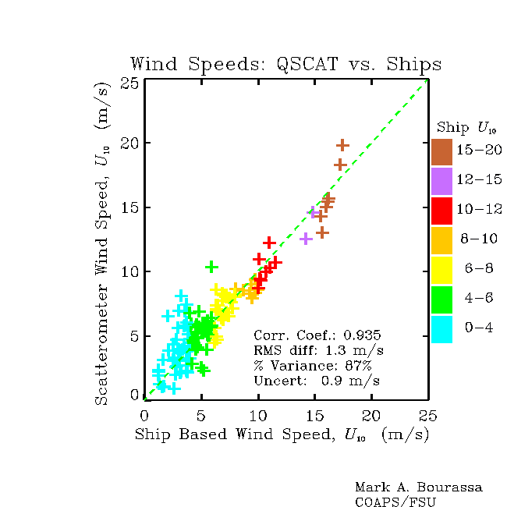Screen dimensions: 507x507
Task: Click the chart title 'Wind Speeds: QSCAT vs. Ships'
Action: tap(285, 64)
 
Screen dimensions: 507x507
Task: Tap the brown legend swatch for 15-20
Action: tap(441, 152)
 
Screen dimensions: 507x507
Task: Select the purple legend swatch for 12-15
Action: tap(441, 182)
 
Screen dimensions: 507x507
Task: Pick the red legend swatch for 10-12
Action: tap(441, 211)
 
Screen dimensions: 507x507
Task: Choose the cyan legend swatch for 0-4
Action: tap(441, 329)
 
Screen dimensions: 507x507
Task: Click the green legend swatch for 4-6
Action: tap(441, 300)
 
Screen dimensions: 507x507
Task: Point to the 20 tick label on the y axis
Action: tap(129, 143)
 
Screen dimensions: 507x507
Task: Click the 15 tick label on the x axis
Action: tap(315, 416)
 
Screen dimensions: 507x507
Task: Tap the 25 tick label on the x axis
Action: tap(427, 416)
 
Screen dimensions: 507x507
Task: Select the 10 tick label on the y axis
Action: tap(130, 271)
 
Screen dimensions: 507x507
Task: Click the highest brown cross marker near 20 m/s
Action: tap(342, 146)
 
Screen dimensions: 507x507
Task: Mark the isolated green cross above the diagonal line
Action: tap(211, 267)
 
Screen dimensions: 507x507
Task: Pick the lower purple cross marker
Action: tap(306, 239)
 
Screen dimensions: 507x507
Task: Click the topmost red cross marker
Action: tap(269, 243)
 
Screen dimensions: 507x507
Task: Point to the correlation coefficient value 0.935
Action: tap(362, 335)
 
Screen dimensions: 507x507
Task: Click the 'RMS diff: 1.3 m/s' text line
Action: tap(319, 350)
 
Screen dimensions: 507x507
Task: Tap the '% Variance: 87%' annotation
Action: tap(313, 365)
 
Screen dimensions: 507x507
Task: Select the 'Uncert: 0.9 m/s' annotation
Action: tap(317, 381)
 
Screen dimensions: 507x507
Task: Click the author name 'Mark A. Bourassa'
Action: tap(418, 487)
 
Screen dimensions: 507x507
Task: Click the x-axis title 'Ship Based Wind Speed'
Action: tap(235, 434)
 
